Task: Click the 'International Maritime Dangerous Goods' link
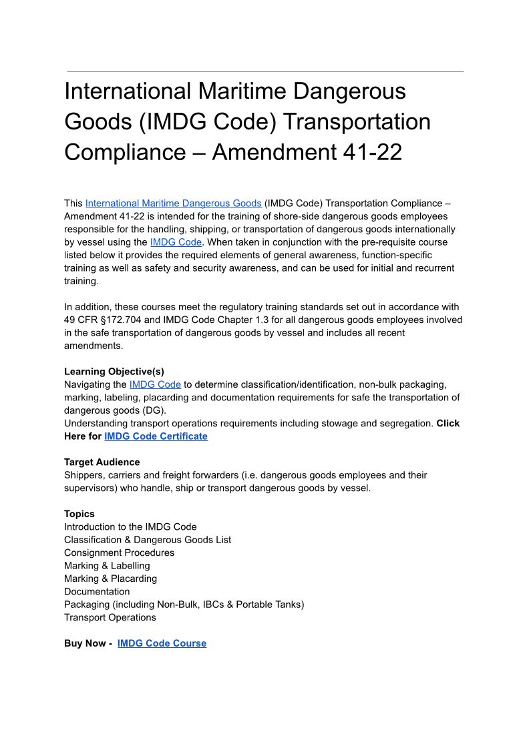(173, 203)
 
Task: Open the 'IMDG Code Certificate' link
(156, 436)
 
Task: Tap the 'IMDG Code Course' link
(162, 643)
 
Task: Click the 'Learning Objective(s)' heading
(114, 372)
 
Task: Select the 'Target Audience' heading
(102, 462)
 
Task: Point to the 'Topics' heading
(79, 514)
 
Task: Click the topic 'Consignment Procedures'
(119, 552)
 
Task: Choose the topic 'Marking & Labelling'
(107, 566)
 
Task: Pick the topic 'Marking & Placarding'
(110, 579)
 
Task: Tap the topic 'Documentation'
(97, 591)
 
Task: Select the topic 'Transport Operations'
(110, 617)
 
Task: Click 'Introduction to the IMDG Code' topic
(130, 526)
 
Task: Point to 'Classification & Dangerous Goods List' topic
(148, 540)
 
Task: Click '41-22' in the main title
(372, 153)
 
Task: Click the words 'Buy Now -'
(88, 643)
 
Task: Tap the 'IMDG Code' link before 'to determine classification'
(155, 384)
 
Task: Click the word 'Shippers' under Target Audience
(85, 475)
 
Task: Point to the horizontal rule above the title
(265, 71)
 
